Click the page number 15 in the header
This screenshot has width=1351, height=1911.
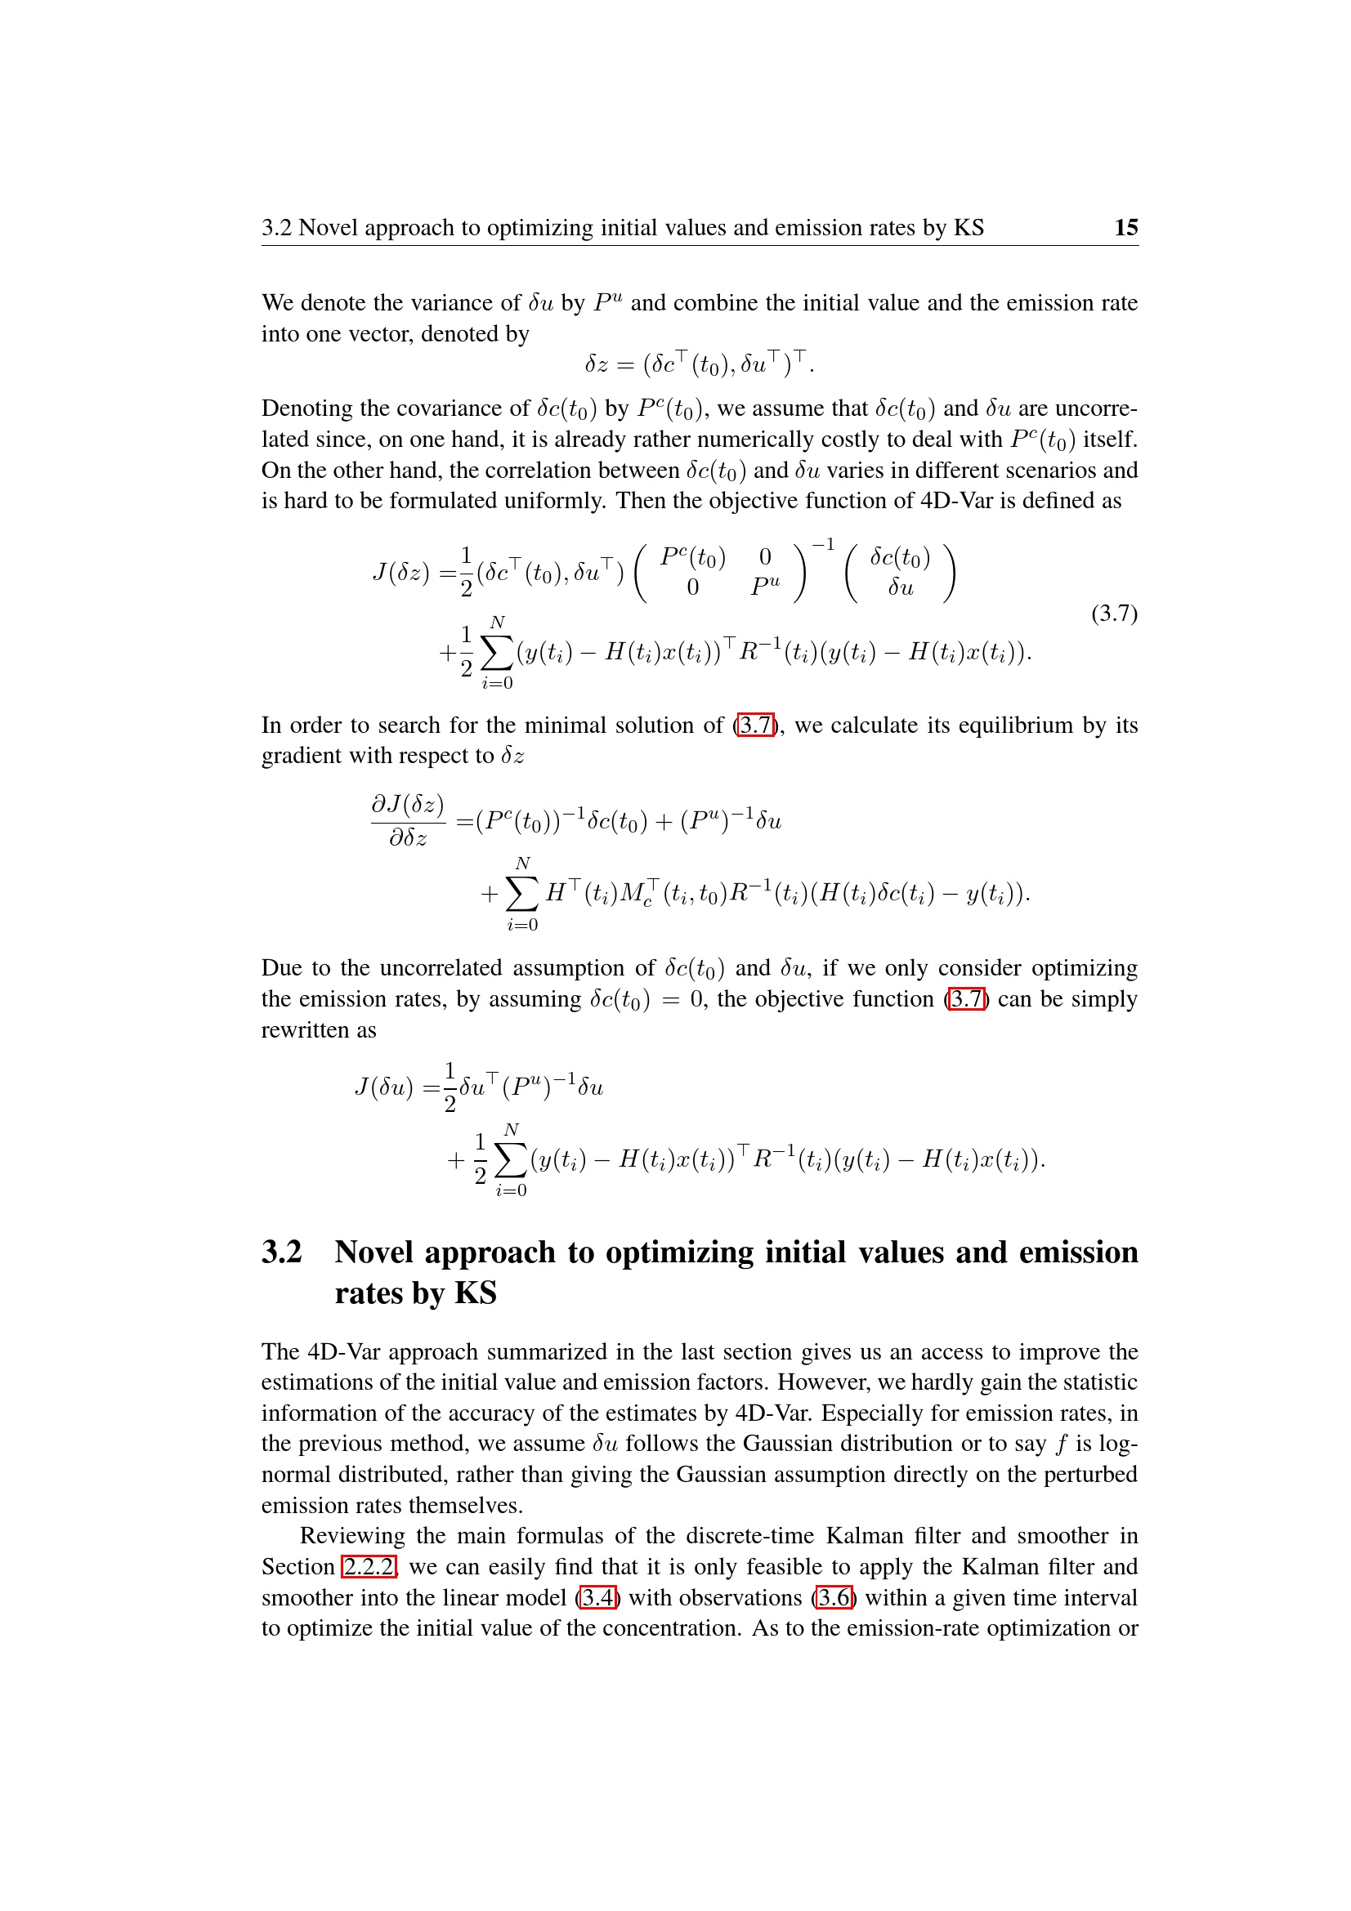tap(1125, 227)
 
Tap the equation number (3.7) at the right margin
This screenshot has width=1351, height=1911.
tap(1114, 614)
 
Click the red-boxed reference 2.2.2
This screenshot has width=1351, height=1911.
tap(369, 1566)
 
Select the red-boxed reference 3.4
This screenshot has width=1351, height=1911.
tap(597, 1597)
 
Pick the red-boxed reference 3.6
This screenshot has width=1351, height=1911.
tap(834, 1597)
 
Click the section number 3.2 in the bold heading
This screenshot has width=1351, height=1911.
tap(281, 1252)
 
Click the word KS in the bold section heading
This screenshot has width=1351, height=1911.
tap(476, 1293)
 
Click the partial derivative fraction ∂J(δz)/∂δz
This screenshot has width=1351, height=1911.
tap(408, 820)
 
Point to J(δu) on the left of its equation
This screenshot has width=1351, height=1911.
tap(384, 1087)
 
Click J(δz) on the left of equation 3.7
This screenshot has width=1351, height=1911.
tap(400, 573)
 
